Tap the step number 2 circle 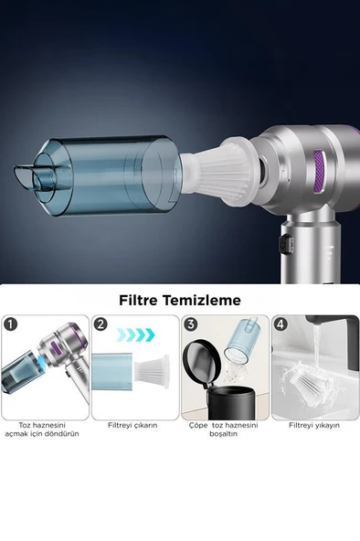(101, 324)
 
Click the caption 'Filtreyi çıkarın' (133, 425)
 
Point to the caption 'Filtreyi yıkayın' (313, 425)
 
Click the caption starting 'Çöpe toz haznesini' (223, 429)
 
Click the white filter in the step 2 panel (153, 371)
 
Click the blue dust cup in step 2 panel (114, 370)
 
